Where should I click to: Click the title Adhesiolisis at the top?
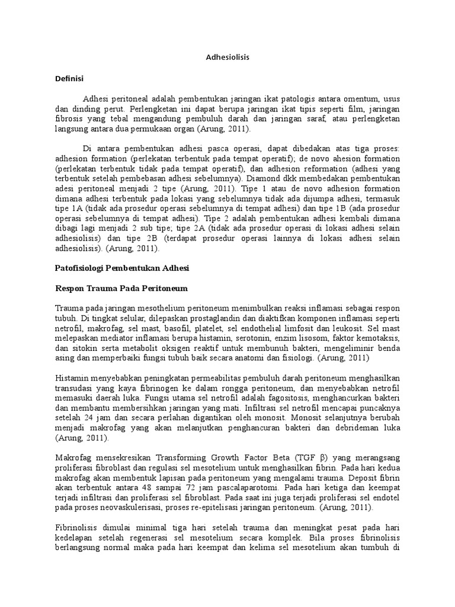click(x=227, y=57)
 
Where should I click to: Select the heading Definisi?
click(x=69, y=78)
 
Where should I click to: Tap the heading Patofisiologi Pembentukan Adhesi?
click(x=121, y=268)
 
